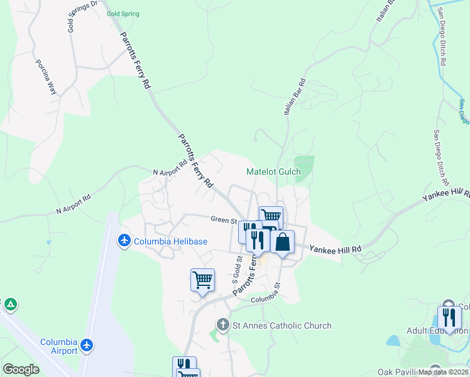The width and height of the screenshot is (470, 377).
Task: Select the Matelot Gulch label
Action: [273, 172]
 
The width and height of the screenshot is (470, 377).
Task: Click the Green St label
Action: [223, 220]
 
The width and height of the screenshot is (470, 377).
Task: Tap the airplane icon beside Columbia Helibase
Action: [124, 241]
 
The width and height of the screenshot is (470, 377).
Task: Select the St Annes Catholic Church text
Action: [282, 325]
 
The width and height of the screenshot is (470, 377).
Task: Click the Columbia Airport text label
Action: [58, 346]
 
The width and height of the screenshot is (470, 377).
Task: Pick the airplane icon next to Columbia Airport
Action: [87, 346]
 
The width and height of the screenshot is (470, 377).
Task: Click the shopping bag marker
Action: [282, 242]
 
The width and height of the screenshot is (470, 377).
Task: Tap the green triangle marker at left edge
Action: [10, 305]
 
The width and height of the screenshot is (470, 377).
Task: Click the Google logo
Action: [21, 369]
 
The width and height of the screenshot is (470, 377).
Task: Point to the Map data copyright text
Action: [443, 372]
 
